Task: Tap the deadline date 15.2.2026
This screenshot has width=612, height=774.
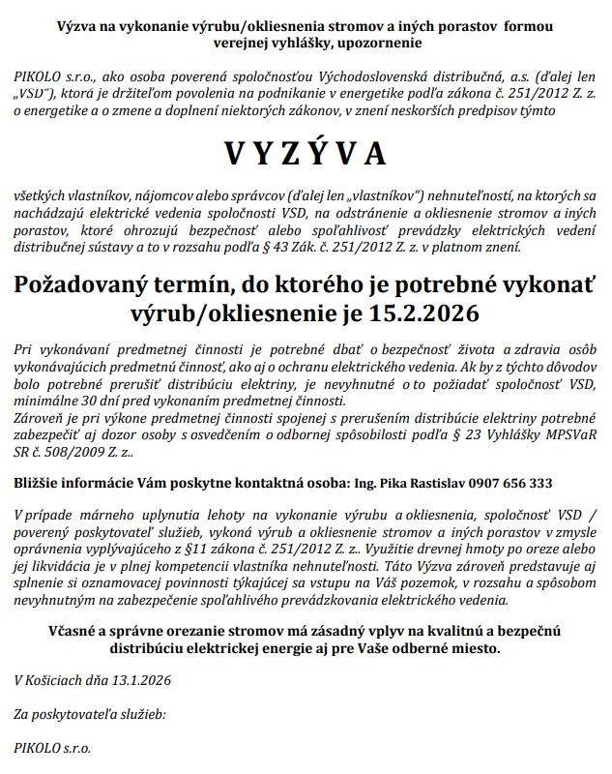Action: (424, 313)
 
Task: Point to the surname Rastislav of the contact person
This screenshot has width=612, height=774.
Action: (428, 482)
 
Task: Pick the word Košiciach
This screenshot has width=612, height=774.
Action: (62, 680)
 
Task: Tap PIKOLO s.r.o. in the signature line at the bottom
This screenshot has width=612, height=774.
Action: (53, 748)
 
